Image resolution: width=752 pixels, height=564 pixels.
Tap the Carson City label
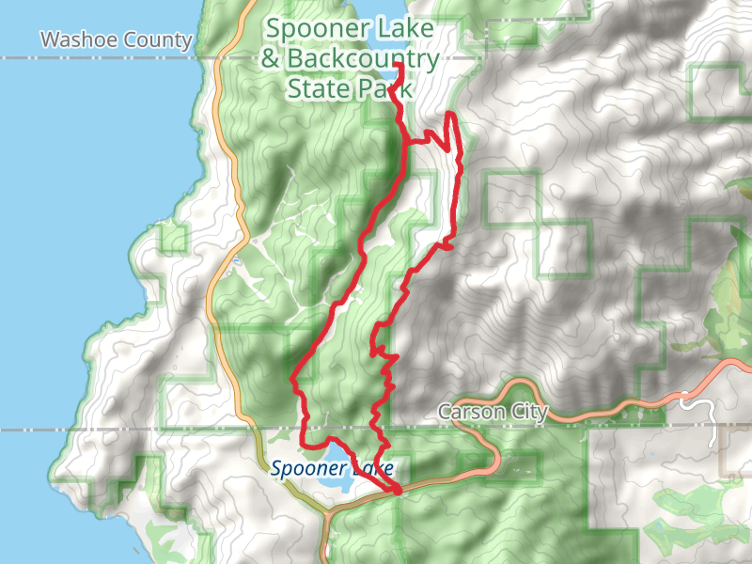[493, 414]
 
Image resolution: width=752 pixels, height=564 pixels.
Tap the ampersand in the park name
[272, 61]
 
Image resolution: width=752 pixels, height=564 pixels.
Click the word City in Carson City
[526, 414]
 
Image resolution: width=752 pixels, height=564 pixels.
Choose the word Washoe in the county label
[84, 40]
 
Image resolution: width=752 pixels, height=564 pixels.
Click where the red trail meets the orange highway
[397, 490]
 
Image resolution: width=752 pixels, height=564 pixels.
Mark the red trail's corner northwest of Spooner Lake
[303, 442]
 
